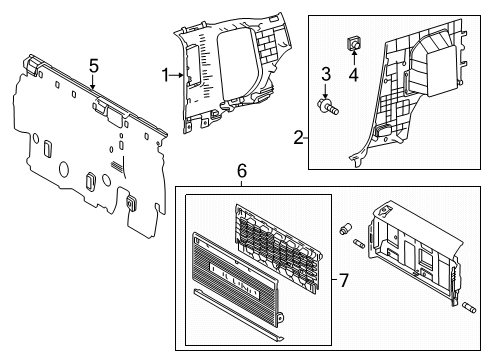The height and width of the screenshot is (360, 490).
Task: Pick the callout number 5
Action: click(x=93, y=66)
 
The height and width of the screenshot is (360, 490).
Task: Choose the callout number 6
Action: click(x=241, y=172)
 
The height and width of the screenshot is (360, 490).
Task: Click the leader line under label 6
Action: click(x=241, y=184)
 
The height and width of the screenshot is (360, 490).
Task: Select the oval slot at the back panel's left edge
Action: click(x=46, y=147)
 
